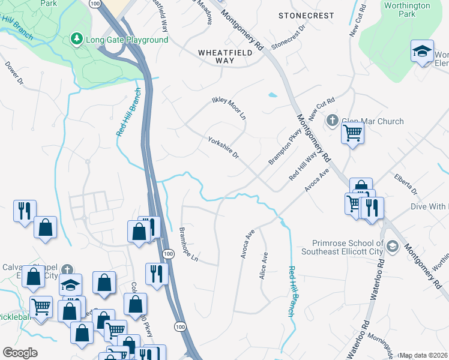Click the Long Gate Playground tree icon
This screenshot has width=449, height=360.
[x=76, y=40]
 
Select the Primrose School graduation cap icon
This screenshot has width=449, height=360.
[x=392, y=245]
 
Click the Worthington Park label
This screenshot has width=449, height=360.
[x=406, y=10]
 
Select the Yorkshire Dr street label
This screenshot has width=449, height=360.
[x=223, y=148]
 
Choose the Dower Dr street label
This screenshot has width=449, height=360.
[x=13, y=72]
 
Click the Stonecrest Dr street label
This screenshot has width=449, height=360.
[x=289, y=37]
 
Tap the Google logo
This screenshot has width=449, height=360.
[x=20, y=353]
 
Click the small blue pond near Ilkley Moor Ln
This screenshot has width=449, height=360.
[x=273, y=95]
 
